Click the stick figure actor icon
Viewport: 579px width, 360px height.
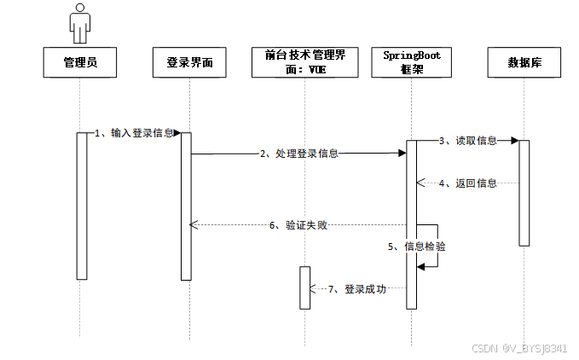[x=79, y=24]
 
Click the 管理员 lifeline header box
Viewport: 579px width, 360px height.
[x=79, y=62]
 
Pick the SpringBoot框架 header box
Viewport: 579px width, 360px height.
[x=412, y=62]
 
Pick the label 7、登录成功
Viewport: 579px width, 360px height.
[x=357, y=289]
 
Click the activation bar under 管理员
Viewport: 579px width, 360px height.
[x=82, y=205]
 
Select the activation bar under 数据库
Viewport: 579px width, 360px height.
[x=524, y=192]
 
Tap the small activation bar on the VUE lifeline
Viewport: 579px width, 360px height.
[x=304, y=287]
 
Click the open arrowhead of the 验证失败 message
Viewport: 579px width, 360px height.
[x=194, y=225]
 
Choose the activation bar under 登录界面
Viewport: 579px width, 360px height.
[x=186, y=205]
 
